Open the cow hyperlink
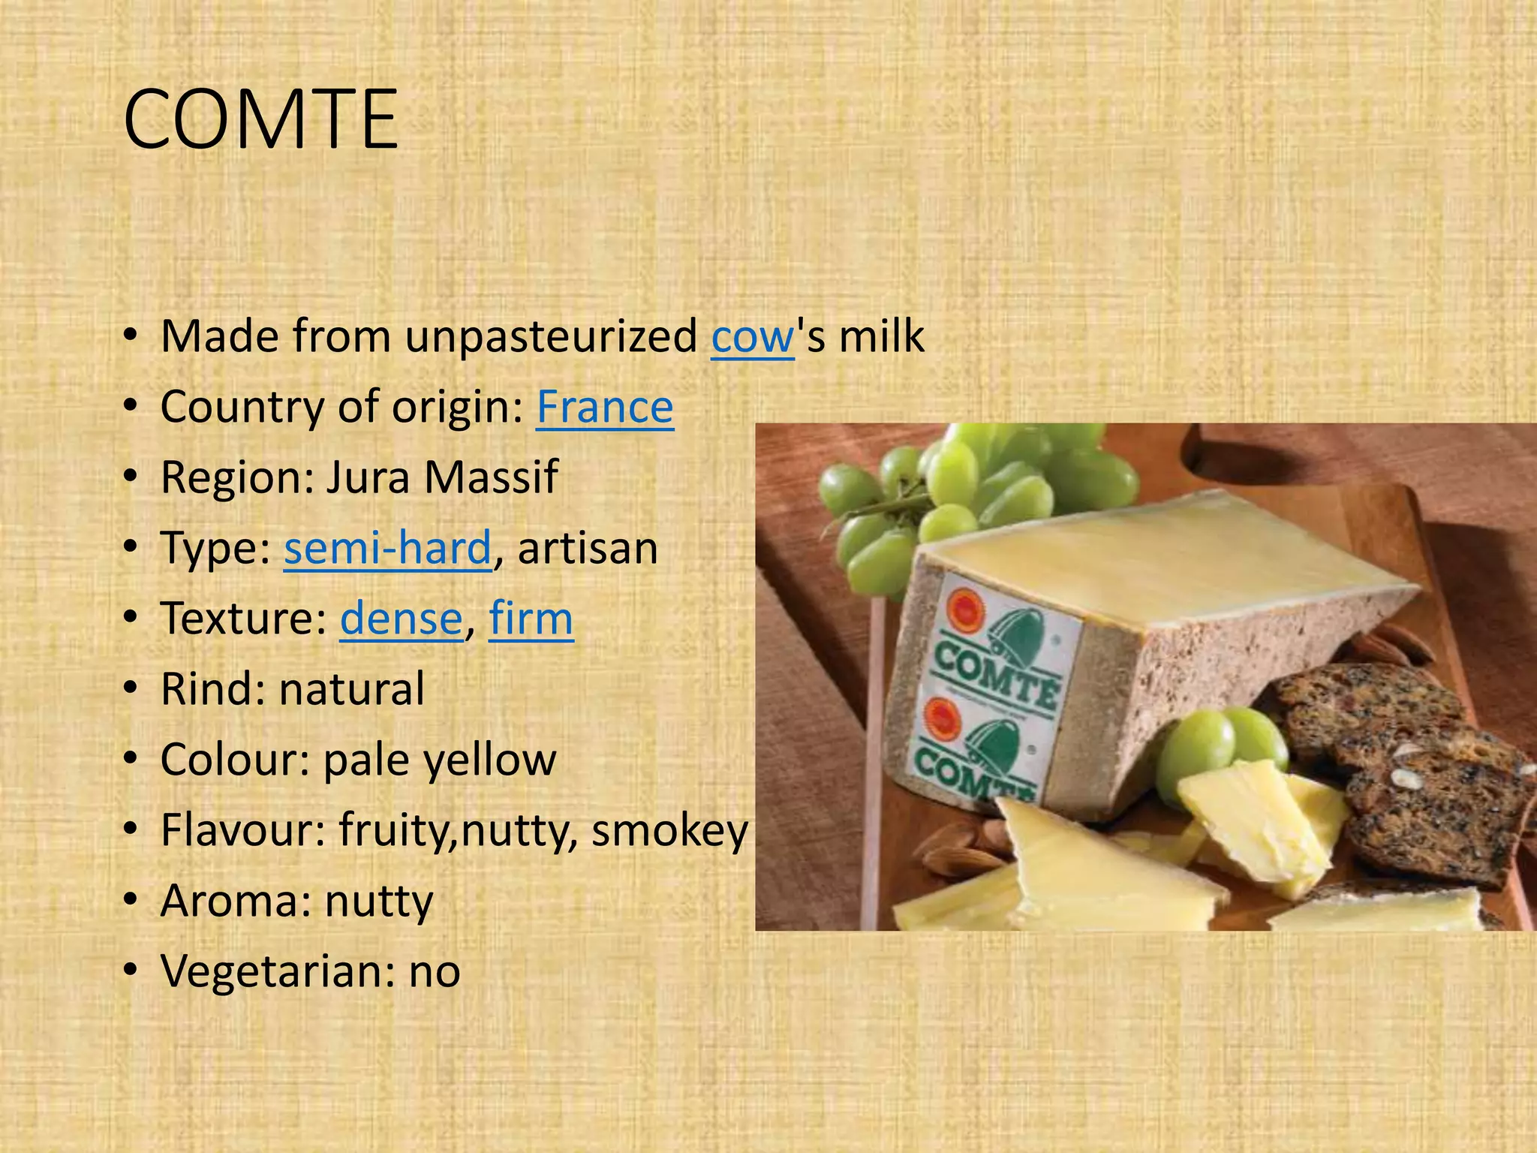(x=752, y=337)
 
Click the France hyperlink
(x=604, y=408)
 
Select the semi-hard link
(x=387, y=548)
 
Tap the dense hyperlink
(x=402, y=619)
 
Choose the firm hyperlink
(x=531, y=619)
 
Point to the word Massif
(x=491, y=477)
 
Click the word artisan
(x=588, y=548)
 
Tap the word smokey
(x=669, y=831)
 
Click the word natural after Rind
(x=351, y=689)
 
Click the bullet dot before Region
(x=132, y=477)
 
